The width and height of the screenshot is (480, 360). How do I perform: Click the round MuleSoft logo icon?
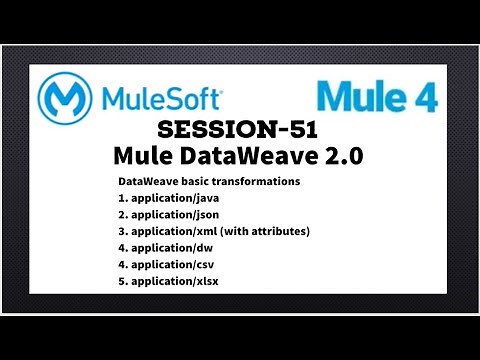(x=67, y=99)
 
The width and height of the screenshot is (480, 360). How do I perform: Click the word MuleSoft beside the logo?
(x=160, y=99)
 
